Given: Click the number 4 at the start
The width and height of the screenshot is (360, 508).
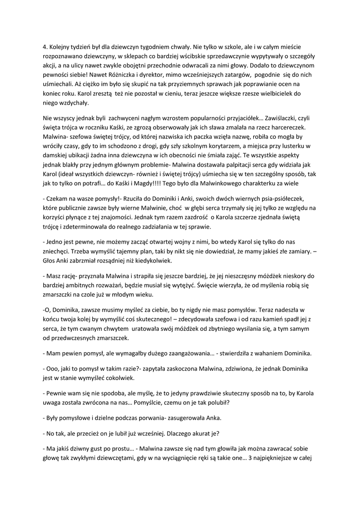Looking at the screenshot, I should pos(45,46).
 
